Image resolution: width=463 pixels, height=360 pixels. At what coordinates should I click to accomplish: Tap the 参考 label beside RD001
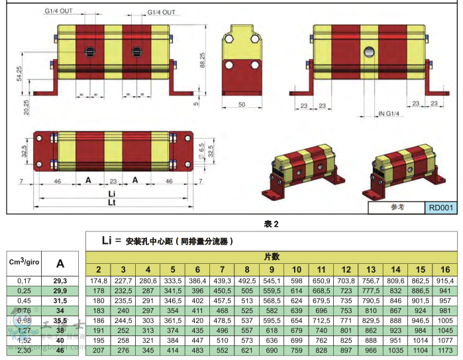tap(397, 207)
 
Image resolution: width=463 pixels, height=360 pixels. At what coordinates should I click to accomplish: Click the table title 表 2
tap(272, 225)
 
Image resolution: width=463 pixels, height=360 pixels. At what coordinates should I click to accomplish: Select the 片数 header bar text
tap(272, 257)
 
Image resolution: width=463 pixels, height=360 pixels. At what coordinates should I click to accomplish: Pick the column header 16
tap(445, 269)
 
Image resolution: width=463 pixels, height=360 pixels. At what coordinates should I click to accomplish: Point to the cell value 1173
tap(445, 349)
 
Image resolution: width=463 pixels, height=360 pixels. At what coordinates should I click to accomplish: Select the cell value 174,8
tap(97, 280)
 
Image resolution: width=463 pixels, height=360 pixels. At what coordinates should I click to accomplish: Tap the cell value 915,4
tap(445, 280)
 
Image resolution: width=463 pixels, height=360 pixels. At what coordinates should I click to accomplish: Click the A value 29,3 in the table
tap(60, 281)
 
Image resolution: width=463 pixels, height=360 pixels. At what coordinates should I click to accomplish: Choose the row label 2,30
tap(24, 349)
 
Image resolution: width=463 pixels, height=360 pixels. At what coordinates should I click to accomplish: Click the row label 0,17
tap(24, 281)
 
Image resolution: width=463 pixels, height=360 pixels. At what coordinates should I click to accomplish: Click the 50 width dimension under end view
tap(242, 105)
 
